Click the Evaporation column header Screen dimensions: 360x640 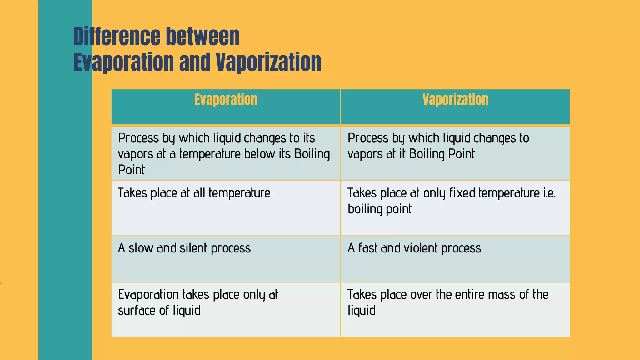point(226,100)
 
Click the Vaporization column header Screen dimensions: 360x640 point(455,100)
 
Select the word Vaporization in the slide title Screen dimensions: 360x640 point(268,62)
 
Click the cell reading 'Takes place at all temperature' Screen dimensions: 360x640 point(194,193)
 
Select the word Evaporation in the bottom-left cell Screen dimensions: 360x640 point(148,295)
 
